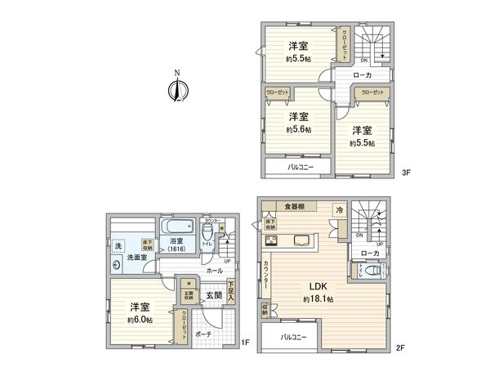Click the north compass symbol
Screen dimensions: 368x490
[x=176, y=88]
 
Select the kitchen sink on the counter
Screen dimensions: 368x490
[x=301, y=240]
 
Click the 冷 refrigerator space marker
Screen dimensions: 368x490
[x=338, y=210]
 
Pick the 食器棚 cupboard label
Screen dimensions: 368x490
[x=295, y=206]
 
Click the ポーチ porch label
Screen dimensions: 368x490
[x=204, y=334]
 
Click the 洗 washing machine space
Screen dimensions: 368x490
[x=118, y=245]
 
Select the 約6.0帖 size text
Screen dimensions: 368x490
[x=140, y=319]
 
